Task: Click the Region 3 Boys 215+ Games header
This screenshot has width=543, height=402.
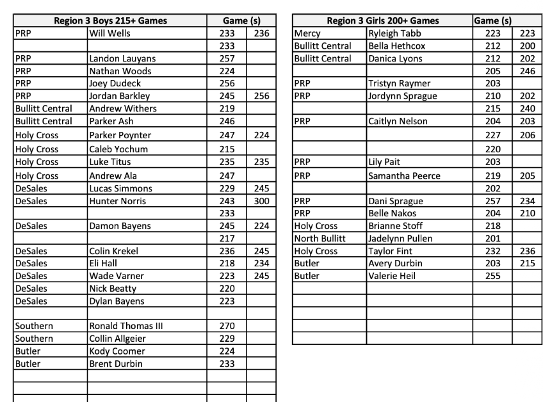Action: pyautogui.click(x=110, y=20)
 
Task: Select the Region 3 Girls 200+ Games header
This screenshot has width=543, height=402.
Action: pyautogui.click(x=382, y=20)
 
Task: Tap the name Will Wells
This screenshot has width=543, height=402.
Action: pyautogui.click(x=109, y=33)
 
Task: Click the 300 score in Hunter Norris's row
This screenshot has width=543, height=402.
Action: pyautogui.click(x=261, y=201)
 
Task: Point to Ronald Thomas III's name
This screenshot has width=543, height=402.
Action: pyautogui.click(x=126, y=326)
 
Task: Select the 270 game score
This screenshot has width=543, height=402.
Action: pyautogui.click(x=227, y=326)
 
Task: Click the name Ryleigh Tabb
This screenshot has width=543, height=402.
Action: pyautogui.click(x=394, y=33)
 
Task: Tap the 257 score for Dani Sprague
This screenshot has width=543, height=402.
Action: pyautogui.click(x=492, y=201)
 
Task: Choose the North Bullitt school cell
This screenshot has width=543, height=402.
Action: pyautogui.click(x=320, y=238)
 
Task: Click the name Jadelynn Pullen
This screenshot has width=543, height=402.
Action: pyautogui.click(x=400, y=238)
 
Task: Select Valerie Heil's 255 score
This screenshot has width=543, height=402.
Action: pyautogui.click(x=492, y=276)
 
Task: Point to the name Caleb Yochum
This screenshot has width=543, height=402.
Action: pyautogui.click(x=118, y=149)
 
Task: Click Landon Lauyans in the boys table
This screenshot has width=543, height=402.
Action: pyautogui.click(x=122, y=58)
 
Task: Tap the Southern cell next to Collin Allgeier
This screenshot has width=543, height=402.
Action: pyautogui.click(x=34, y=339)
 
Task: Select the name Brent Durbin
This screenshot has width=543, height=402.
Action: pyautogui.click(x=116, y=364)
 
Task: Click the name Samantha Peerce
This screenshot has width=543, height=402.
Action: pyautogui.click(x=404, y=175)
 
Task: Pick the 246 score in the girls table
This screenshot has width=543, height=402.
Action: pyautogui.click(x=527, y=71)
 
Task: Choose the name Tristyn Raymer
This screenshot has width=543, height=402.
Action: pyautogui.click(x=399, y=83)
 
